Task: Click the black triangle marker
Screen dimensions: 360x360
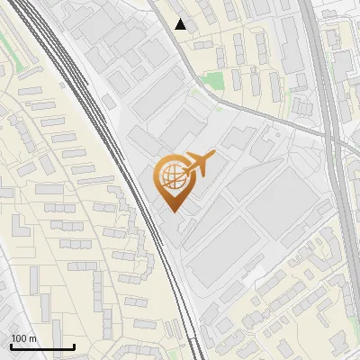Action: tap(181, 24)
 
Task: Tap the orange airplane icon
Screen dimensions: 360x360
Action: tap(199, 165)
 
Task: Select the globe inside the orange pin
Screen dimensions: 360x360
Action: tap(171, 176)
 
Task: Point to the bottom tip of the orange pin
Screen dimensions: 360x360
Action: tap(172, 211)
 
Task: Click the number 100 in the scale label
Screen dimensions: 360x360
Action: tap(19, 338)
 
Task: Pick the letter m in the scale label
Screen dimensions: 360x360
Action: tap(32, 338)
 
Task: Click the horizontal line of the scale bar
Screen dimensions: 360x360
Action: tap(41, 346)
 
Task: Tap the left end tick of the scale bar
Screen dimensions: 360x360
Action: tap(10, 345)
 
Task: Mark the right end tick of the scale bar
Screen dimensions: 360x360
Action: tap(74, 345)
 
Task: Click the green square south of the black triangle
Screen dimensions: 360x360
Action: tap(212, 81)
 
